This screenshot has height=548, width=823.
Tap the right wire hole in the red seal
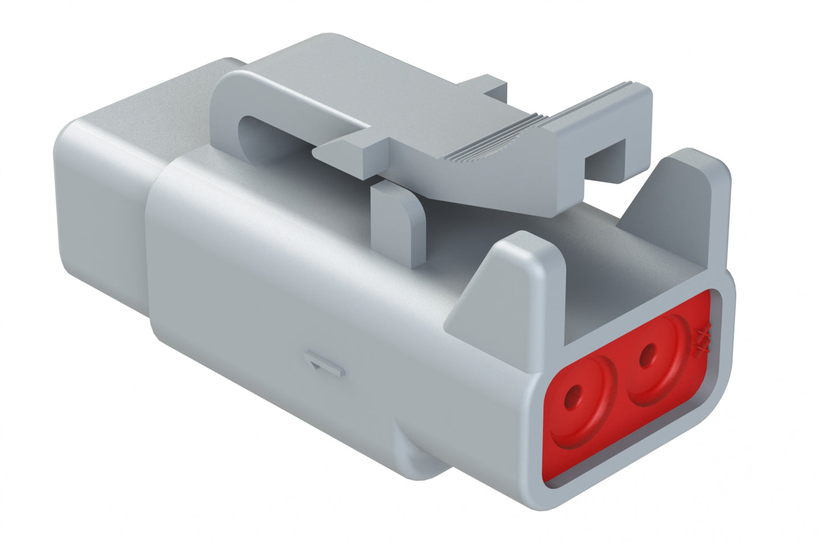(x=646, y=357)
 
